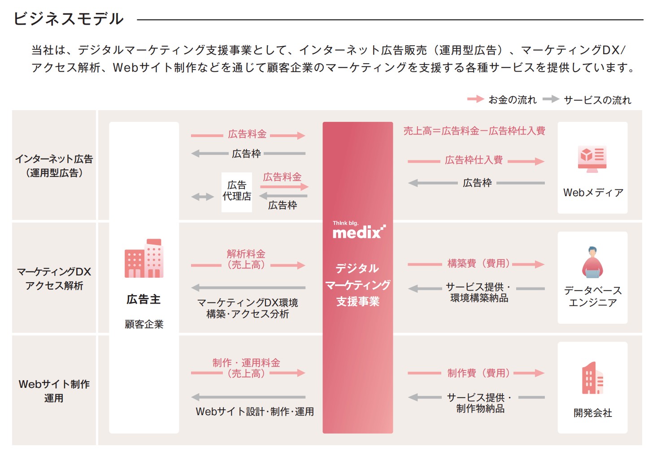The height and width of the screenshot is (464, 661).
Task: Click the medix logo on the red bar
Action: (x=358, y=230)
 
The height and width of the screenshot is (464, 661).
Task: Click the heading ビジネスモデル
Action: (x=69, y=19)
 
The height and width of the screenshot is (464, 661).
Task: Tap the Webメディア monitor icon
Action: (x=592, y=159)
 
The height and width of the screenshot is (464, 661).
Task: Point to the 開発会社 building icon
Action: (x=592, y=378)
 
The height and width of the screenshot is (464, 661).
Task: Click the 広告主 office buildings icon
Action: (x=144, y=258)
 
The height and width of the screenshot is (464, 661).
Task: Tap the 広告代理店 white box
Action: (x=237, y=192)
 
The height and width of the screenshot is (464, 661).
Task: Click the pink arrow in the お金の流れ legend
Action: (x=475, y=99)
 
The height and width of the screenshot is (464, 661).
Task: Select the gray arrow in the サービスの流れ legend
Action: (x=551, y=99)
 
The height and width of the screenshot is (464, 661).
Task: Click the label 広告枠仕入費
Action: (x=474, y=160)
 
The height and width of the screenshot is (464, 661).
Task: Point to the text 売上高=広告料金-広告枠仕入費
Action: (x=474, y=131)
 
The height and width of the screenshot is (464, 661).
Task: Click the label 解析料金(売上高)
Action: (x=246, y=259)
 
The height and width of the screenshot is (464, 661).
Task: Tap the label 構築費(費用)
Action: (x=478, y=263)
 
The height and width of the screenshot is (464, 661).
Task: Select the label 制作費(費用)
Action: (x=478, y=373)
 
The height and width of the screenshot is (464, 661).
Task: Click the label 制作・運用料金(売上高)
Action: (x=246, y=368)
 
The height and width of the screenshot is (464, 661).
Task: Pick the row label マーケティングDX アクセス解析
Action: (x=54, y=279)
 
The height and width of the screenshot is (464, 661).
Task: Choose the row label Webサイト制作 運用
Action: (x=54, y=391)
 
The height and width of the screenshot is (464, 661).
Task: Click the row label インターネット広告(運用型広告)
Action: (x=54, y=166)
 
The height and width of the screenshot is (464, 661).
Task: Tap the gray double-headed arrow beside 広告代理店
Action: (x=203, y=197)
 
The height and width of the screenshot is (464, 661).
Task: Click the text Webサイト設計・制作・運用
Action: (x=255, y=412)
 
